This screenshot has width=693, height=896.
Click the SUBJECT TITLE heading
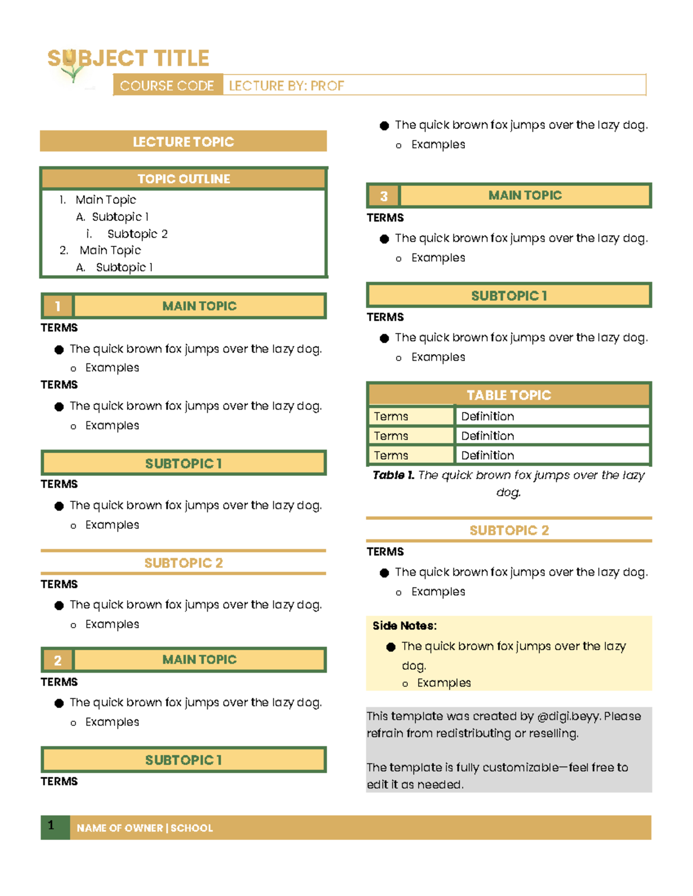(x=128, y=58)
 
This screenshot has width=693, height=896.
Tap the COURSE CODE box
(x=167, y=85)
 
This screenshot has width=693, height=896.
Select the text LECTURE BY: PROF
(x=286, y=86)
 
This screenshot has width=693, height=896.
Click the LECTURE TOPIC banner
(x=183, y=141)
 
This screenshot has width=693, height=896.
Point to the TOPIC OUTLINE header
(x=184, y=178)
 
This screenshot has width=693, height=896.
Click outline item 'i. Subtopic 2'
(x=127, y=234)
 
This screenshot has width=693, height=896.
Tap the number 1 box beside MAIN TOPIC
(x=57, y=306)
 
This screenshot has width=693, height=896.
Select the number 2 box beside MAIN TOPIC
(x=57, y=660)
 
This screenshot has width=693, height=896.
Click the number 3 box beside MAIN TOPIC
(x=383, y=196)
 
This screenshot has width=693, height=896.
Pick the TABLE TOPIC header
(x=509, y=395)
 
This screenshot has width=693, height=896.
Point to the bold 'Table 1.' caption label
(x=393, y=475)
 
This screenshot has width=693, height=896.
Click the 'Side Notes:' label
(x=404, y=625)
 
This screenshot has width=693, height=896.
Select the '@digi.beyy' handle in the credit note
(x=569, y=717)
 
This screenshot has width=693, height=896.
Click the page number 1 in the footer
(x=51, y=825)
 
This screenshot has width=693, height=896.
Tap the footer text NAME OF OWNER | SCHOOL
(x=144, y=828)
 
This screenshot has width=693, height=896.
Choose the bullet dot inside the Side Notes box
(x=390, y=647)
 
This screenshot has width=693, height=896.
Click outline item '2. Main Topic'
(x=100, y=250)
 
